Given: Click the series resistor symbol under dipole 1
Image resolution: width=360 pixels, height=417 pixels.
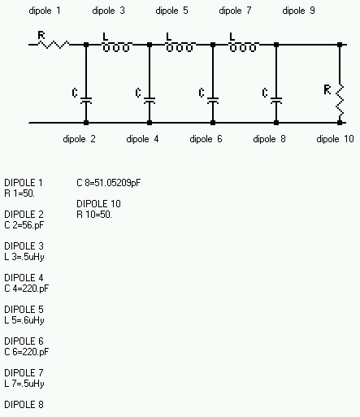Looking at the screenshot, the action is point(54,45).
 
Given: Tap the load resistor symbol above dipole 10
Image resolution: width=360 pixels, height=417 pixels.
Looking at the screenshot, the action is point(340,100).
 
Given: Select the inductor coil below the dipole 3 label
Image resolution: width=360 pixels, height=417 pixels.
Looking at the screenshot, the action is point(116,46).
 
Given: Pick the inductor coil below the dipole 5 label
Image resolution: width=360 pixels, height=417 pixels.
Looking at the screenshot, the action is point(180,46).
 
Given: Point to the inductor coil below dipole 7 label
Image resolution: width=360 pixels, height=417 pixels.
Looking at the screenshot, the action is point(243,46).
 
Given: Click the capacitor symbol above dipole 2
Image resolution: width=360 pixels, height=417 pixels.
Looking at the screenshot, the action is point(86,101).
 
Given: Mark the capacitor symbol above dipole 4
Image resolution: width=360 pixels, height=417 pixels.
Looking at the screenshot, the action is point(150,101).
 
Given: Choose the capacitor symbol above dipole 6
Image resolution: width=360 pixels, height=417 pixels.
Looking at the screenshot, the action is point(213,101).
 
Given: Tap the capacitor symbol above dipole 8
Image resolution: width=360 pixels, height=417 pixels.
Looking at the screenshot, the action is point(276,101).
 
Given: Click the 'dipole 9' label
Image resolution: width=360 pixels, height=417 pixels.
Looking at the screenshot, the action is point(298,11).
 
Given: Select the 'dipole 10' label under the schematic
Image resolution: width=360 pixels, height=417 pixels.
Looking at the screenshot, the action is point(335,139).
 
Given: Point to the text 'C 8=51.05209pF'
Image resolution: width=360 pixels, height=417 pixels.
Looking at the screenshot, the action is point(109,183).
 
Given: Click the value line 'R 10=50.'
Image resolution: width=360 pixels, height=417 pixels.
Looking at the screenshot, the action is point(94,215).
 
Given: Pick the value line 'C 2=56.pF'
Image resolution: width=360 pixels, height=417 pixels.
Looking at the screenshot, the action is point(24,225).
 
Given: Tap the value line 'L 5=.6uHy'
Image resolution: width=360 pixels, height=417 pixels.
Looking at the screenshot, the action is point(24,320).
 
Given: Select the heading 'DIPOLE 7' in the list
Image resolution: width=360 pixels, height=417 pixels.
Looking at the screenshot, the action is point(24,373).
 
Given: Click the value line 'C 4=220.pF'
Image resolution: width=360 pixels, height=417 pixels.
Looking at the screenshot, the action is point(27,289).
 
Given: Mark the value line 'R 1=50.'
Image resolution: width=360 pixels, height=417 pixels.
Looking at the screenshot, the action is point(20,193).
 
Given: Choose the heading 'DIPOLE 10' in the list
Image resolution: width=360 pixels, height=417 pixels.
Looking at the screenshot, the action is point(98,204).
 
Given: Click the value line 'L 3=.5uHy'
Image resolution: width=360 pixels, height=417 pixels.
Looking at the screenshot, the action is point(24,257).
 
